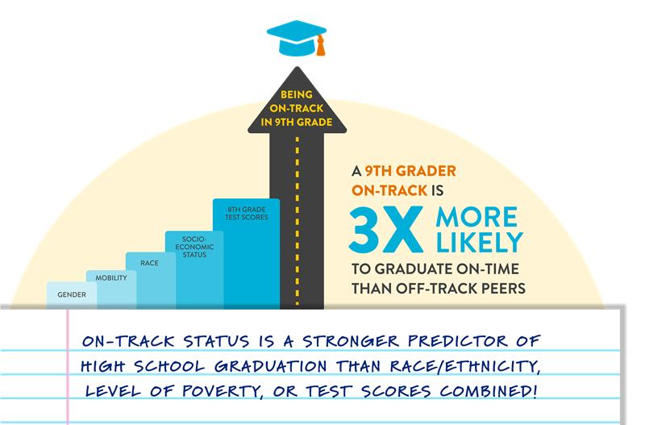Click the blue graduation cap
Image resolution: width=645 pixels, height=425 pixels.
(x=296, y=37)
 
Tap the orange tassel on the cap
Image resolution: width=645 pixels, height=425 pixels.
(x=320, y=45)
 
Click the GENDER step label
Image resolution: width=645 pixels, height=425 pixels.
(x=72, y=294)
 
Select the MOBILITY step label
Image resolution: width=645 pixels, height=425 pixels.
(x=111, y=278)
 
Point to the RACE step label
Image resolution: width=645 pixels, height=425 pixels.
(x=149, y=263)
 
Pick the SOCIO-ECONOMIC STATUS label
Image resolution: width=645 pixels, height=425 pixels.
(x=194, y=247)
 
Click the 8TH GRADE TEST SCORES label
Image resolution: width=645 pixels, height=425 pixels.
(x=247, y=213)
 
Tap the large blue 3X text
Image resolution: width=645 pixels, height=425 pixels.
(x=386, y=229)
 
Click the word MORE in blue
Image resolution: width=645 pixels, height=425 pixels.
(x=476, y=217)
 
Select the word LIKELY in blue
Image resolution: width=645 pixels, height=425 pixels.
(x=479, y=242)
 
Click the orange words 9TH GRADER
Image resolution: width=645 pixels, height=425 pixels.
(x=410, y=171)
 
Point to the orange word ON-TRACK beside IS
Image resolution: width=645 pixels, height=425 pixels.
(x=389, y=190)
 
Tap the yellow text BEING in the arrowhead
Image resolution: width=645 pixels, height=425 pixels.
(x=297, y=94)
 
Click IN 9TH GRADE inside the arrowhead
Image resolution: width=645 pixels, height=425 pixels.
(x=297, y=123)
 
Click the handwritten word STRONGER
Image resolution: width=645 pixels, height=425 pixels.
(x=351, y=341)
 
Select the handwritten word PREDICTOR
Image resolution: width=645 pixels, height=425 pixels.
(x=457, y=341)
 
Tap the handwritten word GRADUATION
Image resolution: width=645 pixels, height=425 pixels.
(x=271, y=366)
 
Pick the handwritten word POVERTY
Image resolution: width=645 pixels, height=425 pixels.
(x=223, y=391)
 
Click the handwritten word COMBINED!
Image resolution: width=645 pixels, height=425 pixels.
(x=489, y=391)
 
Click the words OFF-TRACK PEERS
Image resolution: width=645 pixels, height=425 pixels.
(x=460, y=289)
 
